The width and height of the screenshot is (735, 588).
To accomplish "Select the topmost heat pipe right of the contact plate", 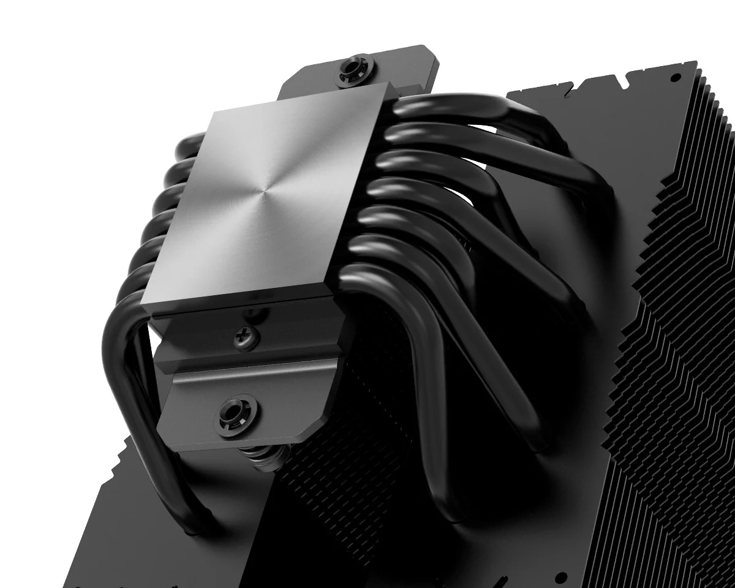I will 466,107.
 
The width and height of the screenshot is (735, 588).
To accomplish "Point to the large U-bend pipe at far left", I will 123,367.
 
